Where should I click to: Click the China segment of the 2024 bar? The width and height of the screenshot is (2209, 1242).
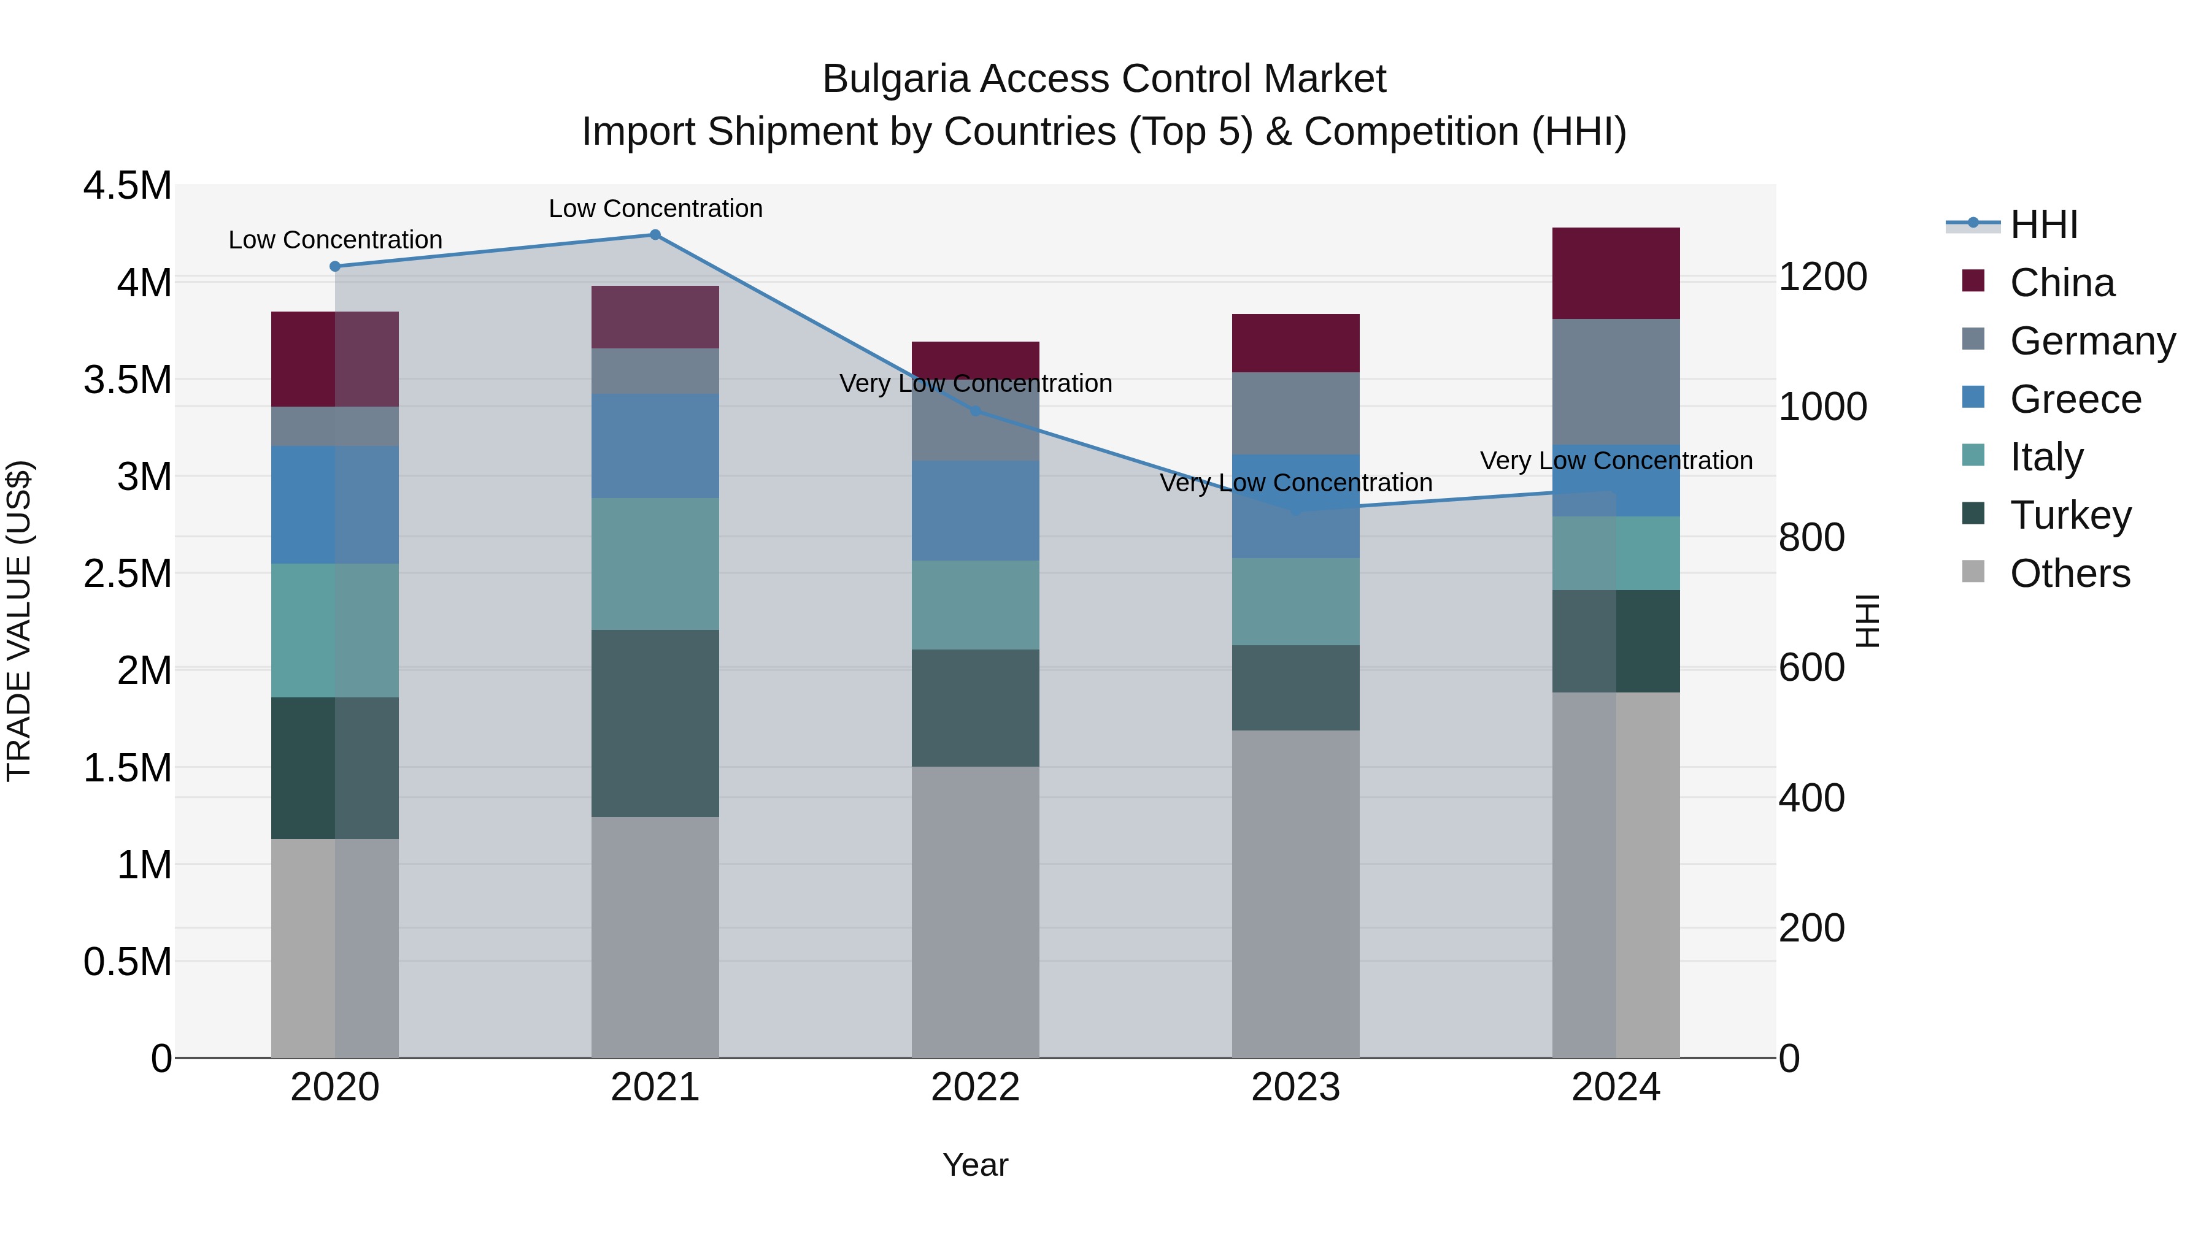tap(1616, 274)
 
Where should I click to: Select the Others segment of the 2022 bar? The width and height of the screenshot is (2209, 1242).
tap(975, 911)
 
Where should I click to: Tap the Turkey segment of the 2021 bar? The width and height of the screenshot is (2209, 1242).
tap(655, 723)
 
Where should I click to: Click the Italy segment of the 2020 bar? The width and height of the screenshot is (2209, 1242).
tap(334, 630)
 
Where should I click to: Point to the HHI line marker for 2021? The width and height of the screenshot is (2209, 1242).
tap(655, 235)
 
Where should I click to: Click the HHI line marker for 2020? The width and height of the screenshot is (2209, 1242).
tap(335, 267)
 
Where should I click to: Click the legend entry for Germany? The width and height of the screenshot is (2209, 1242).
tap(2092, 341)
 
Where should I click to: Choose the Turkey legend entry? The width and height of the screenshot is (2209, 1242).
tap(2070, 515)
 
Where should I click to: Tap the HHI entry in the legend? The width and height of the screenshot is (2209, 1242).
tap(2043, 224)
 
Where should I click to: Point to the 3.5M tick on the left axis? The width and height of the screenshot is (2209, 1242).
tap(128, 380)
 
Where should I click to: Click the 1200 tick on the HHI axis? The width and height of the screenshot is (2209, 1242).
tap(1822, 277)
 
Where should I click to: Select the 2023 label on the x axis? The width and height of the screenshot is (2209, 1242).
tap(1295, 1087)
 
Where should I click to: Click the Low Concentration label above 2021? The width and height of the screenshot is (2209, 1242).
tap(655, 209)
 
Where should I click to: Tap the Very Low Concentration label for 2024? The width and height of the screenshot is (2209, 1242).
tap(1616, 460)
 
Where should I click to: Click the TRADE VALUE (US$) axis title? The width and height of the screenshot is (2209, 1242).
tap(19, 621)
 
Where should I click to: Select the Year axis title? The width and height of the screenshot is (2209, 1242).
tap(975, 1165)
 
